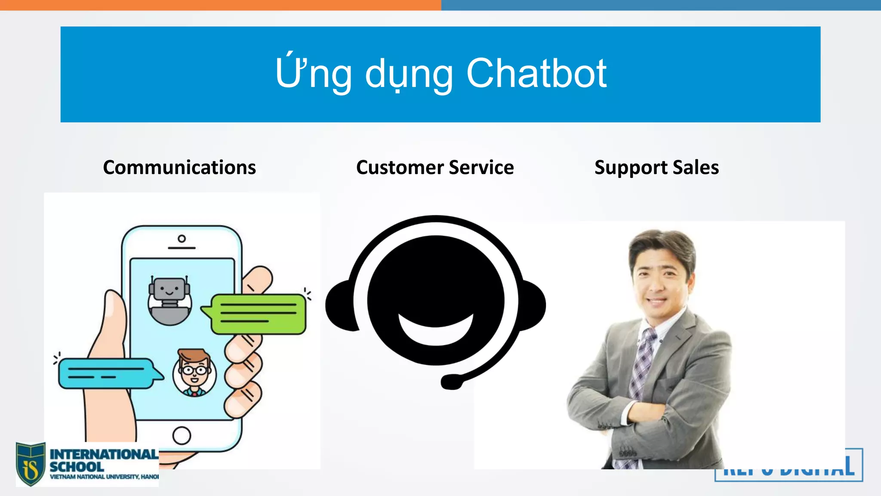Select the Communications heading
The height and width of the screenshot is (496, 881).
179,167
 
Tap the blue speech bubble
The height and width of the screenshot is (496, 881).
108,373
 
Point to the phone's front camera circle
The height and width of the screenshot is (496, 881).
182,239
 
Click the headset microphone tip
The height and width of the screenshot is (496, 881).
451,381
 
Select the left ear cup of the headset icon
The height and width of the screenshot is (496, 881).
340,305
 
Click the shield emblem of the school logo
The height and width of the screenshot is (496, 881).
31,464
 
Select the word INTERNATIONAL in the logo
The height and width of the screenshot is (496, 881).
104,454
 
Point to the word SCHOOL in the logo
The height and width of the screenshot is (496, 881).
77,467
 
